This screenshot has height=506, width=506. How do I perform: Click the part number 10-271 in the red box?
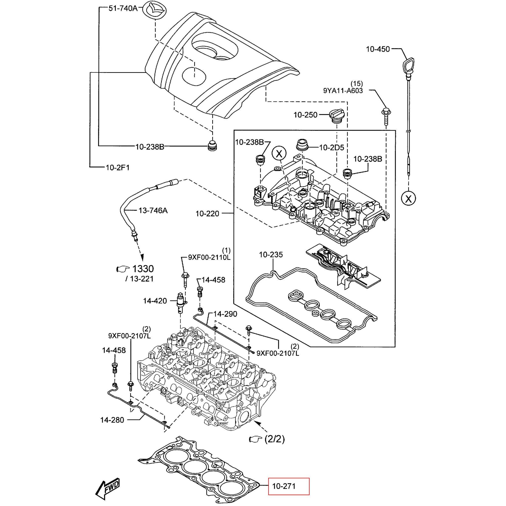(284, 486)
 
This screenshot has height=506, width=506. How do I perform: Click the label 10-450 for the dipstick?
(378, 49)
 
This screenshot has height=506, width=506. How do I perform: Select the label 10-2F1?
(118, 167)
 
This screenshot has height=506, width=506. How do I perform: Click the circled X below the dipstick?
(408, 199)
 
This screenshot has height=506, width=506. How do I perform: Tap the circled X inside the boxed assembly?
(279, 153)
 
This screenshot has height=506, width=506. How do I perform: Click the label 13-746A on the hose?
(153, 210)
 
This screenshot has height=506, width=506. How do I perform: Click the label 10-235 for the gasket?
(271, 254)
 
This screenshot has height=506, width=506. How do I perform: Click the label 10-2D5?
(332, 148)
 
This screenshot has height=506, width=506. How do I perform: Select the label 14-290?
(225, 314)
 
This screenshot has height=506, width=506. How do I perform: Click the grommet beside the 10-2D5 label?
(302, 145)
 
